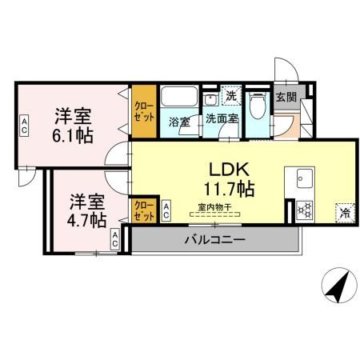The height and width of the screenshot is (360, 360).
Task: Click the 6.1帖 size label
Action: pos(73,135)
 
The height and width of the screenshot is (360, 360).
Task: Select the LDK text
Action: pos(231,170)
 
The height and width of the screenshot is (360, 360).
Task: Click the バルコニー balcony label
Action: pos(215,239)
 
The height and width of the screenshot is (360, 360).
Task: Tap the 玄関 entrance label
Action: pos(286,97)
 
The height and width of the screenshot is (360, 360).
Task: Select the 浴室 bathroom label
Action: pos(178,122)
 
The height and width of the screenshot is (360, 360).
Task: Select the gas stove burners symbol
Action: pos(304,210)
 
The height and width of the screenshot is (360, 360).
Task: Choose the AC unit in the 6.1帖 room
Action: pos(25,123)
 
